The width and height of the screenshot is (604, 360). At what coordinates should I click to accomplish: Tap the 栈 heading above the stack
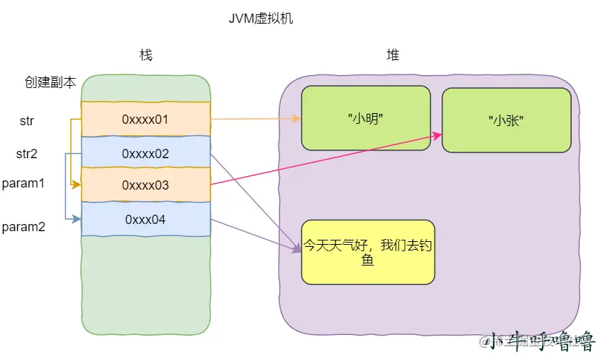point(146,56)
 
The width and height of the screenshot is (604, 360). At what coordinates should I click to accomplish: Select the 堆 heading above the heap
point(393,56)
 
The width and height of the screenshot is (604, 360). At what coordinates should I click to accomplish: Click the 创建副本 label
point(50,82)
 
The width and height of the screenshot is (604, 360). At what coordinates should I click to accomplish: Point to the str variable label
point(26,121)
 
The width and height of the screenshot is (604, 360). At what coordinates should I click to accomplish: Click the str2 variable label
point(26,153)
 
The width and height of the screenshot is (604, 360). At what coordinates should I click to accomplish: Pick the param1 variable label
point(24,183)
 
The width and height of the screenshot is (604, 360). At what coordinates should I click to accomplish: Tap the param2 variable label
point(24,227)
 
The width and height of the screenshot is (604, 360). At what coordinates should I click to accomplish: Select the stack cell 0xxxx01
point(145,119)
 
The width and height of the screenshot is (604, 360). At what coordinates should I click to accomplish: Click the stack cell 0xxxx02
point(145,153)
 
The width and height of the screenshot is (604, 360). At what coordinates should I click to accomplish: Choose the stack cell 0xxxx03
point(145,185)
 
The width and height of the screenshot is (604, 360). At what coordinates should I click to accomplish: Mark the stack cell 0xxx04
point(145,219)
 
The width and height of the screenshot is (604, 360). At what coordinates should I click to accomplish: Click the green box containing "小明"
point(366,118)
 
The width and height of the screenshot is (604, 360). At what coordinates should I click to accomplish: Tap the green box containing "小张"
point(506,120)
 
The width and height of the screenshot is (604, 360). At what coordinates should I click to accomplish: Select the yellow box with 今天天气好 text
point(368,252)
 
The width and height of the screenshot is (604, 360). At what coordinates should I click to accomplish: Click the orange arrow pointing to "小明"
point(258,120)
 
